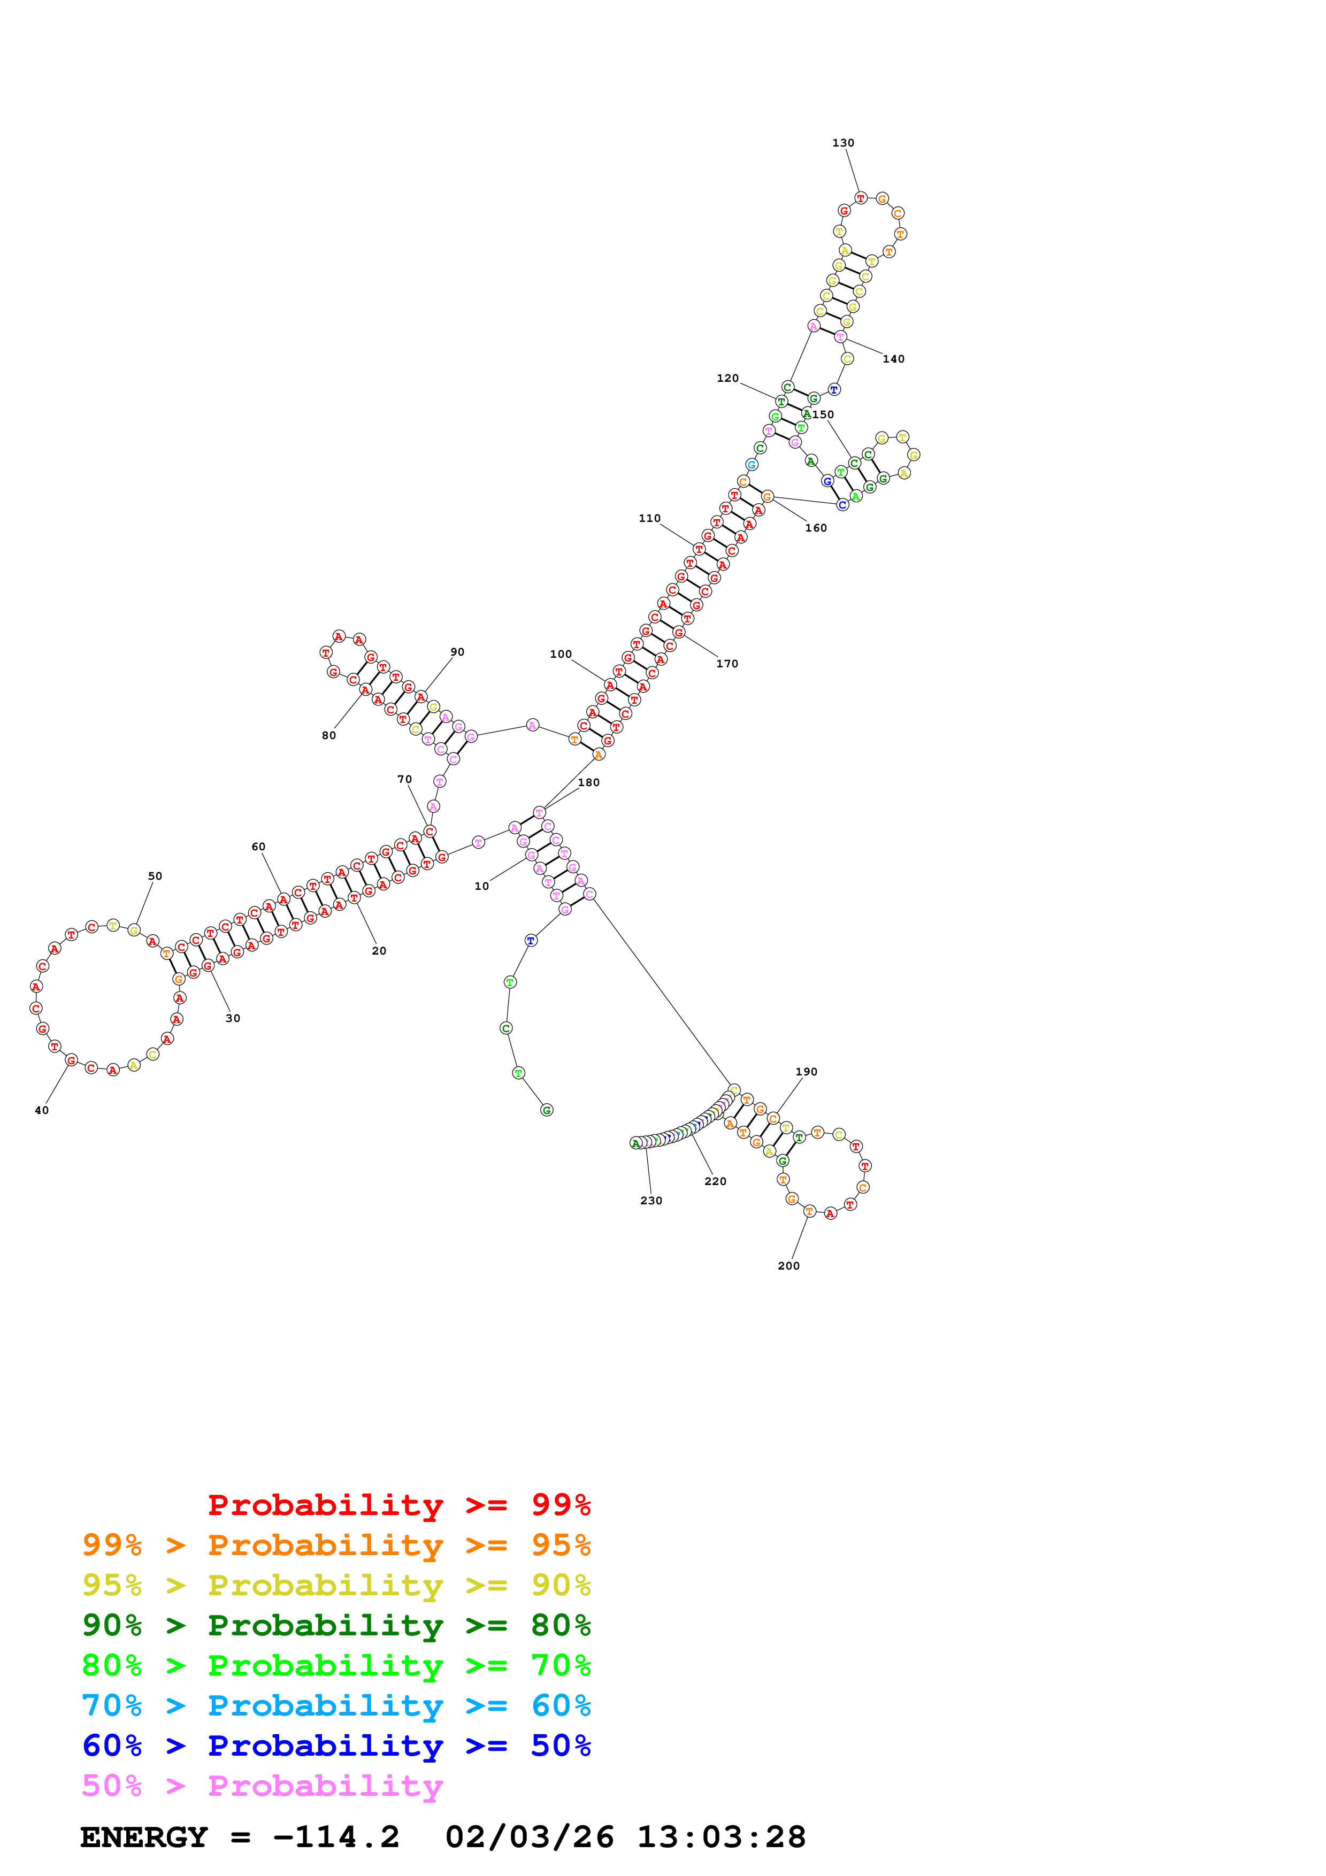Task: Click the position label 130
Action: click(842, 143)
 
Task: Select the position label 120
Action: click(727, 378)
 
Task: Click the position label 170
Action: click(726, 664)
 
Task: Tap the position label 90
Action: click(457, 652)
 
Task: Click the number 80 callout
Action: click(328, 735)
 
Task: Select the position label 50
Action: click(155, 876)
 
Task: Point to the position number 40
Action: click(42, 1110)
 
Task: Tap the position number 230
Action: click(650, 1200)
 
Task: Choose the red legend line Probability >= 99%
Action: click(398, 1504)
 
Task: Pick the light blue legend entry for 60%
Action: click(336, 1705)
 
